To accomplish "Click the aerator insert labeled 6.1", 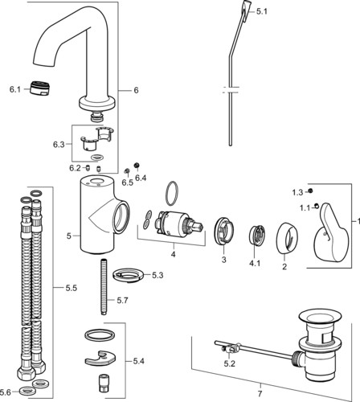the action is (x=39, y=88).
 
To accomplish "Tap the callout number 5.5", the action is (x=72, y=288).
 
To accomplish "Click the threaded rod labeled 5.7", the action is (x=104, y=286).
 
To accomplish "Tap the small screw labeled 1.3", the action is (x=310, y=191).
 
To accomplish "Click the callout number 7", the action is (x=260, y=395).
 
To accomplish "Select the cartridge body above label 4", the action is (x=178, y=224).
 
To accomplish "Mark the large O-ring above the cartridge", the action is (x=172, y=194).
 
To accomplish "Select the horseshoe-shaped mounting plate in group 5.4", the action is (x=100, y=358).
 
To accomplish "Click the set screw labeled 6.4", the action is (x=137, y=166).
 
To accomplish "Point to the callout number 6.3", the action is (x=59, y=145).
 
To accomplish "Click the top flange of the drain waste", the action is (x=319, y=320).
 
